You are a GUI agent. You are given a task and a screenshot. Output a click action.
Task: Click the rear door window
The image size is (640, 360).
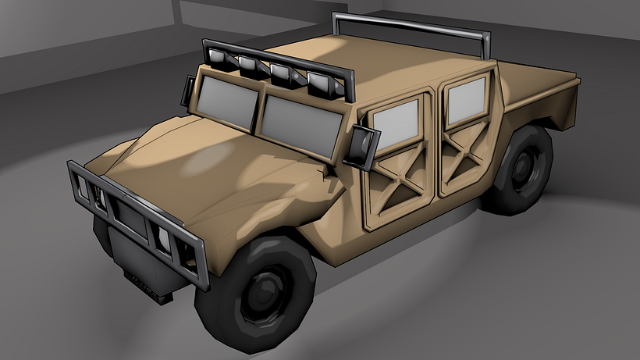[466, 102]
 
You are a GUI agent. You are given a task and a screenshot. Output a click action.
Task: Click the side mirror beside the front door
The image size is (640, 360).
[363, 146]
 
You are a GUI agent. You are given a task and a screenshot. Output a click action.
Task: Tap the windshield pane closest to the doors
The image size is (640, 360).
[300, 120]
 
